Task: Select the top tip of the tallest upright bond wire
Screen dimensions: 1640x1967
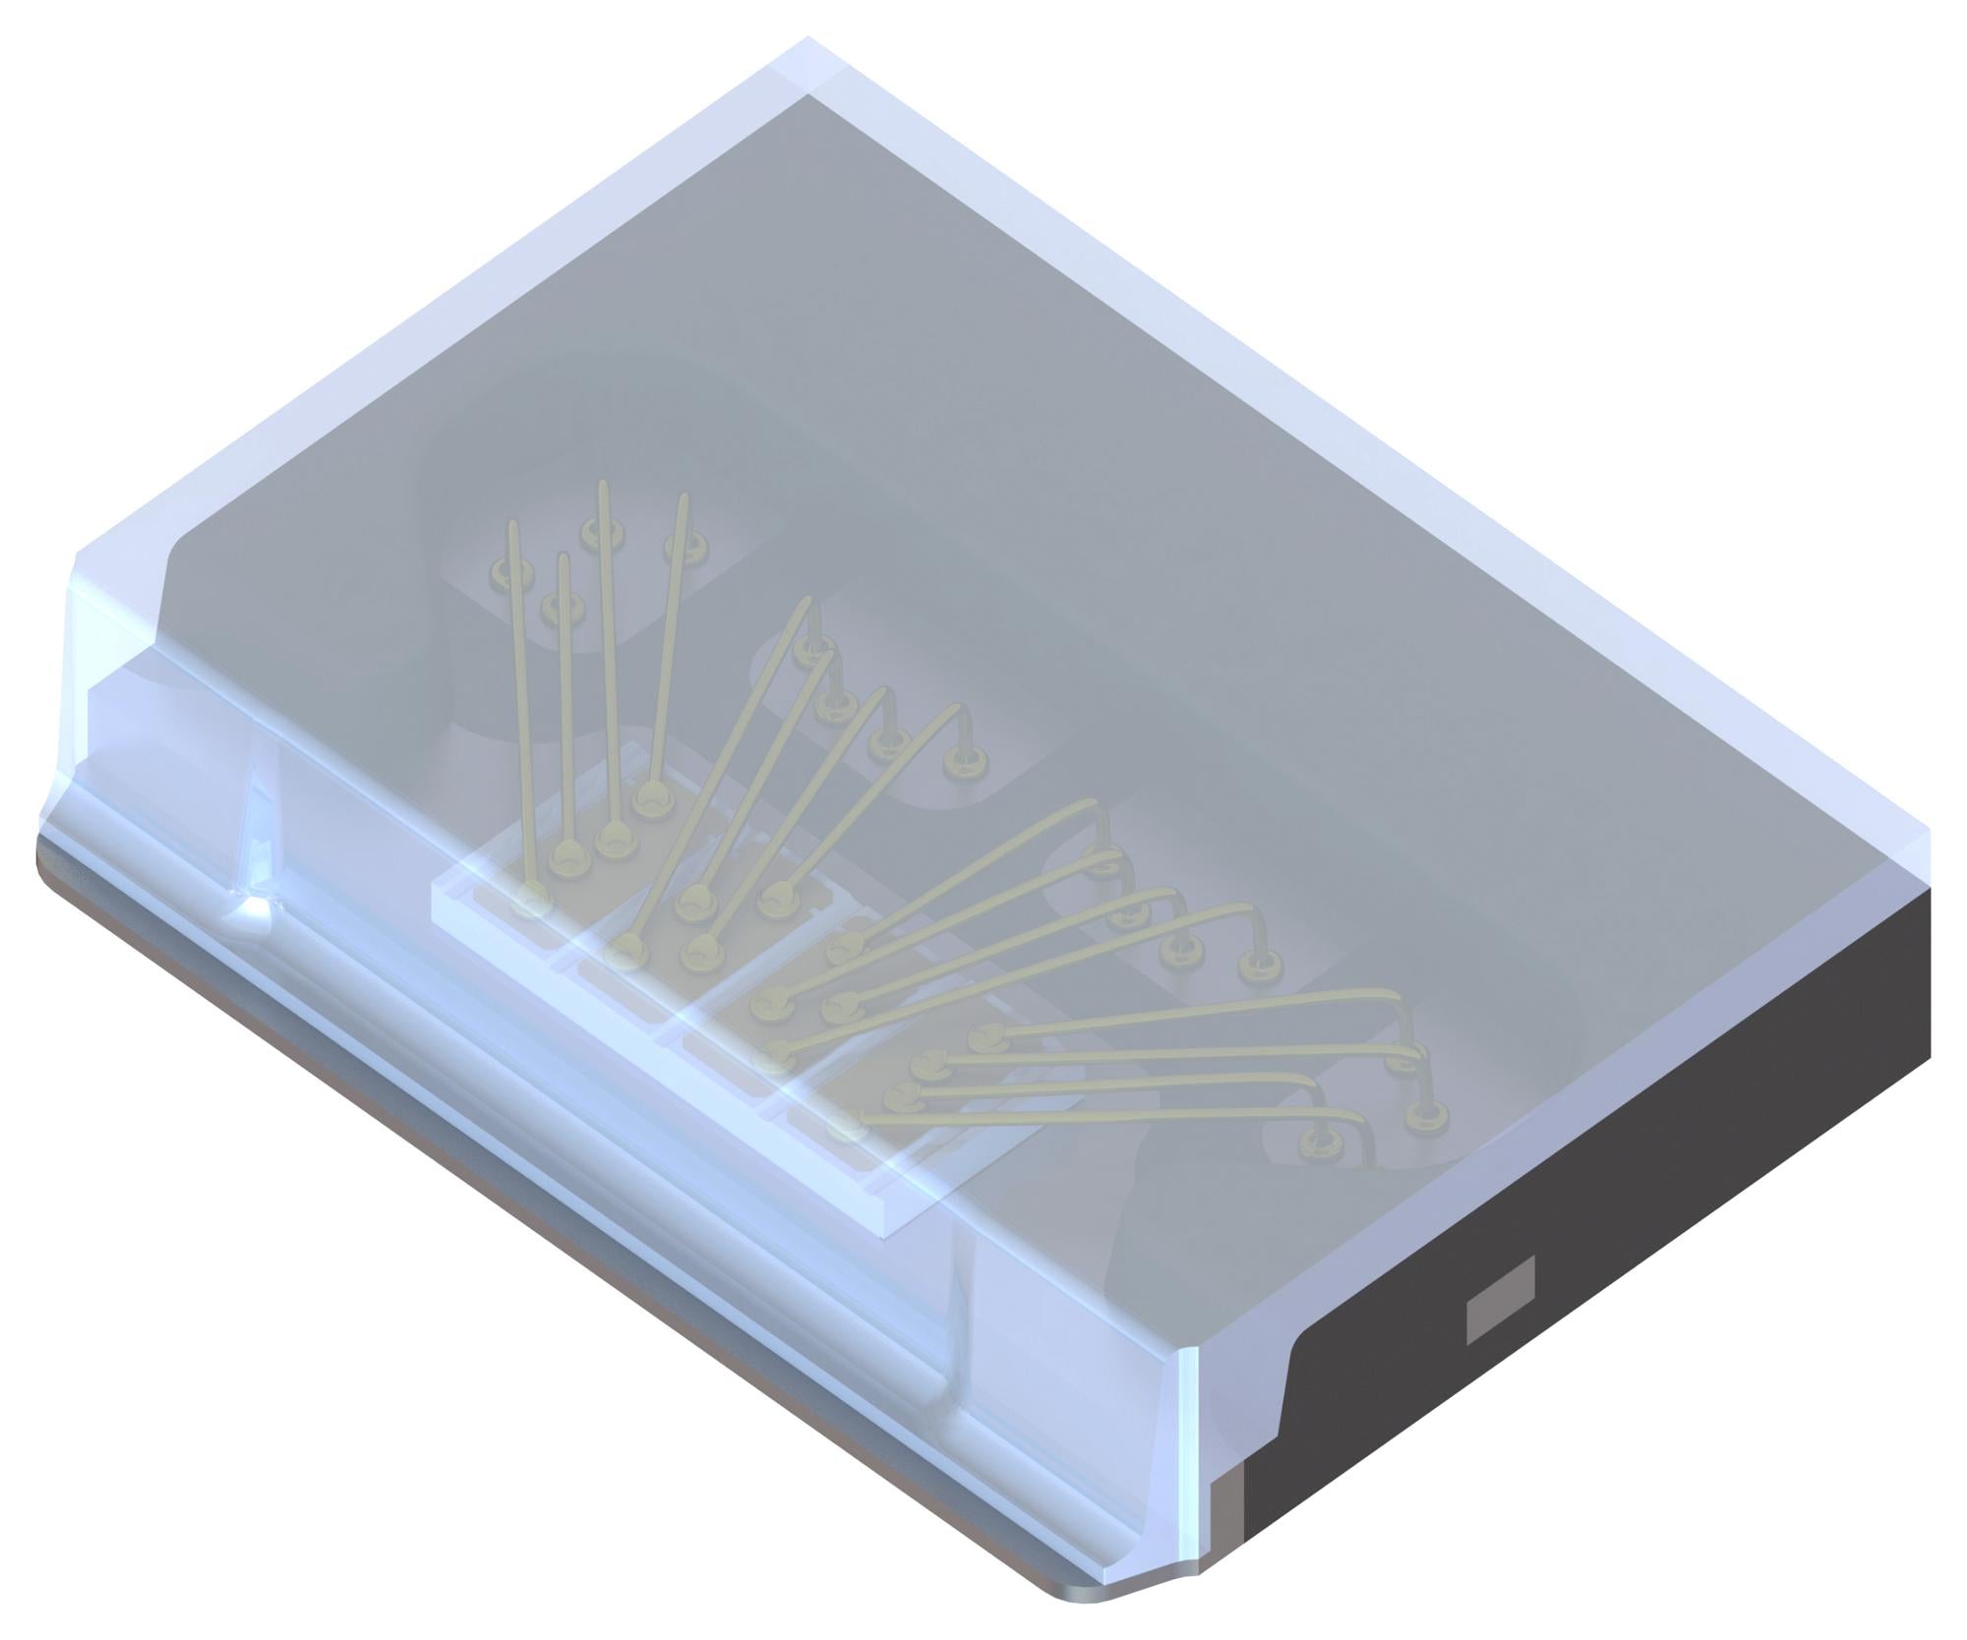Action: click(x=603, y=486)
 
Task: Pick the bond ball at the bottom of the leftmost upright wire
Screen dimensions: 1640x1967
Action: click(x=532, y=900)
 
